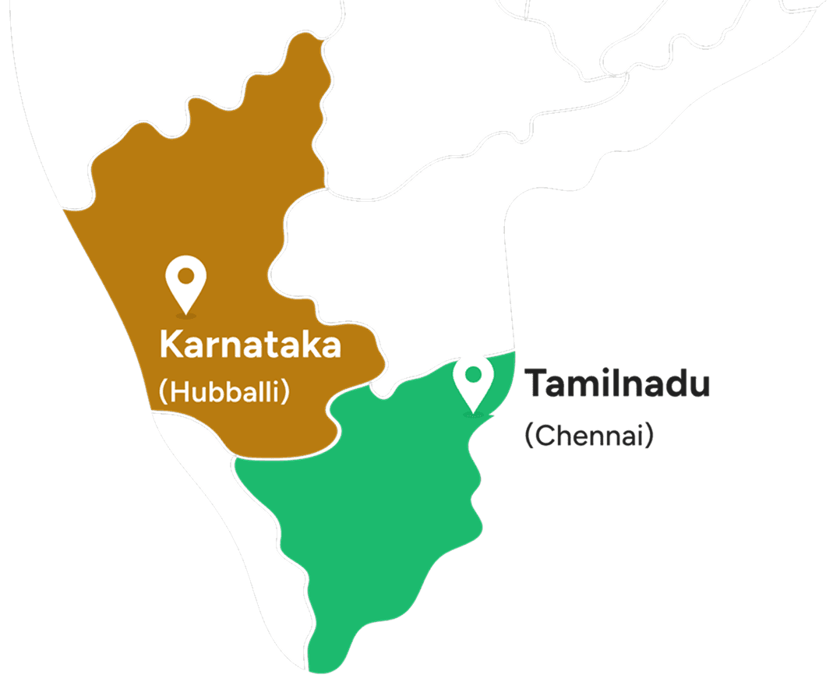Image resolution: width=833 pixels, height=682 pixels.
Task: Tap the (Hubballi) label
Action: [x=224, y=390]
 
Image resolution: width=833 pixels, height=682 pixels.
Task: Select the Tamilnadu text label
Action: [x=617, y=383]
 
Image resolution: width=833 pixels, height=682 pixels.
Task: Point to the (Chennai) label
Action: [x=588, y=436]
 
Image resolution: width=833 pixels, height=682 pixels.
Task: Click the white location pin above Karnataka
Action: [x=186, y=284]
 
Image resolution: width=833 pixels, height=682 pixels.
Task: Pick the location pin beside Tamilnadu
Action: [x=473, y=382]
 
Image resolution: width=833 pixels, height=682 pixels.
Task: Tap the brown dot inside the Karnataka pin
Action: [x=186, y=276]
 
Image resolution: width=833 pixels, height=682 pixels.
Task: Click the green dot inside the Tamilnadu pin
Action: [x=473, y=373]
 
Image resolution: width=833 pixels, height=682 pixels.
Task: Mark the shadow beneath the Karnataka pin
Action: [x=186, y=316]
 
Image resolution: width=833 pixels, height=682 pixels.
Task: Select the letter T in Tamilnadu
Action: [x=536, y=383]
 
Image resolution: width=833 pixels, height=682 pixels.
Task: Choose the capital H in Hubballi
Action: [x=179, y=390]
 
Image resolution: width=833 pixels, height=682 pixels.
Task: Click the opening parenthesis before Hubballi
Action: [x=163, y=391]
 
